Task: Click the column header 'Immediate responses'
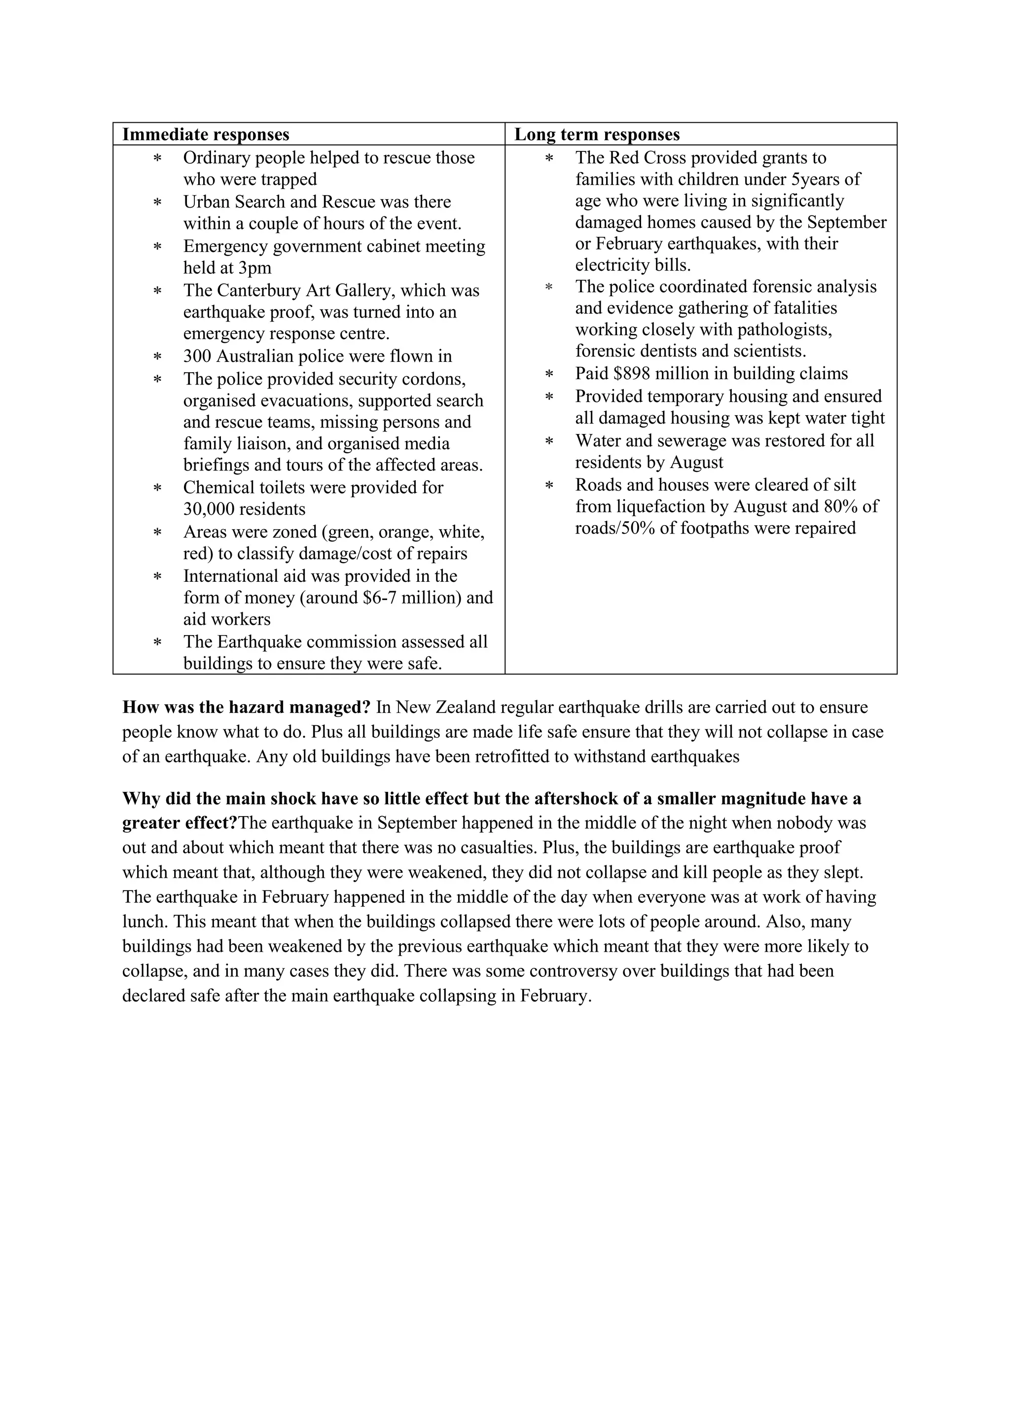(x=205, y=134)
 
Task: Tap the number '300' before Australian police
(x=197, y=357)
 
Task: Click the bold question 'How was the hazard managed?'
(x=246, y=707)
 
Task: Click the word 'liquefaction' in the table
(x=654, y=506)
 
